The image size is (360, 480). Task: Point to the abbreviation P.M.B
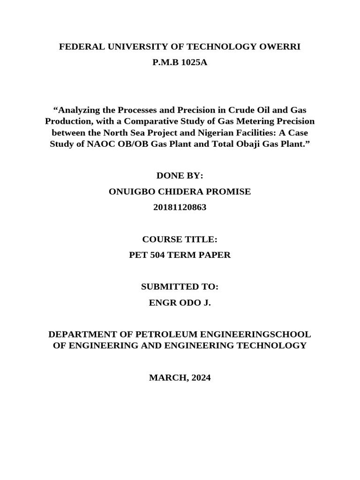pos(165,62)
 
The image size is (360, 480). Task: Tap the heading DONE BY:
pos(180,176)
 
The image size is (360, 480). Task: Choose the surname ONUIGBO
pos(130,191)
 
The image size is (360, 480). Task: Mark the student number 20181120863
pos(180,207)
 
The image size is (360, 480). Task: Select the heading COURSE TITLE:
pos(180,239)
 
